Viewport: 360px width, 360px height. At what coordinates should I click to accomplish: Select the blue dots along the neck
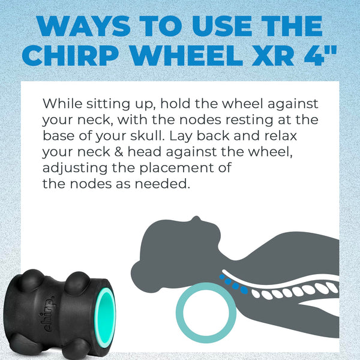coord(234,283)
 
